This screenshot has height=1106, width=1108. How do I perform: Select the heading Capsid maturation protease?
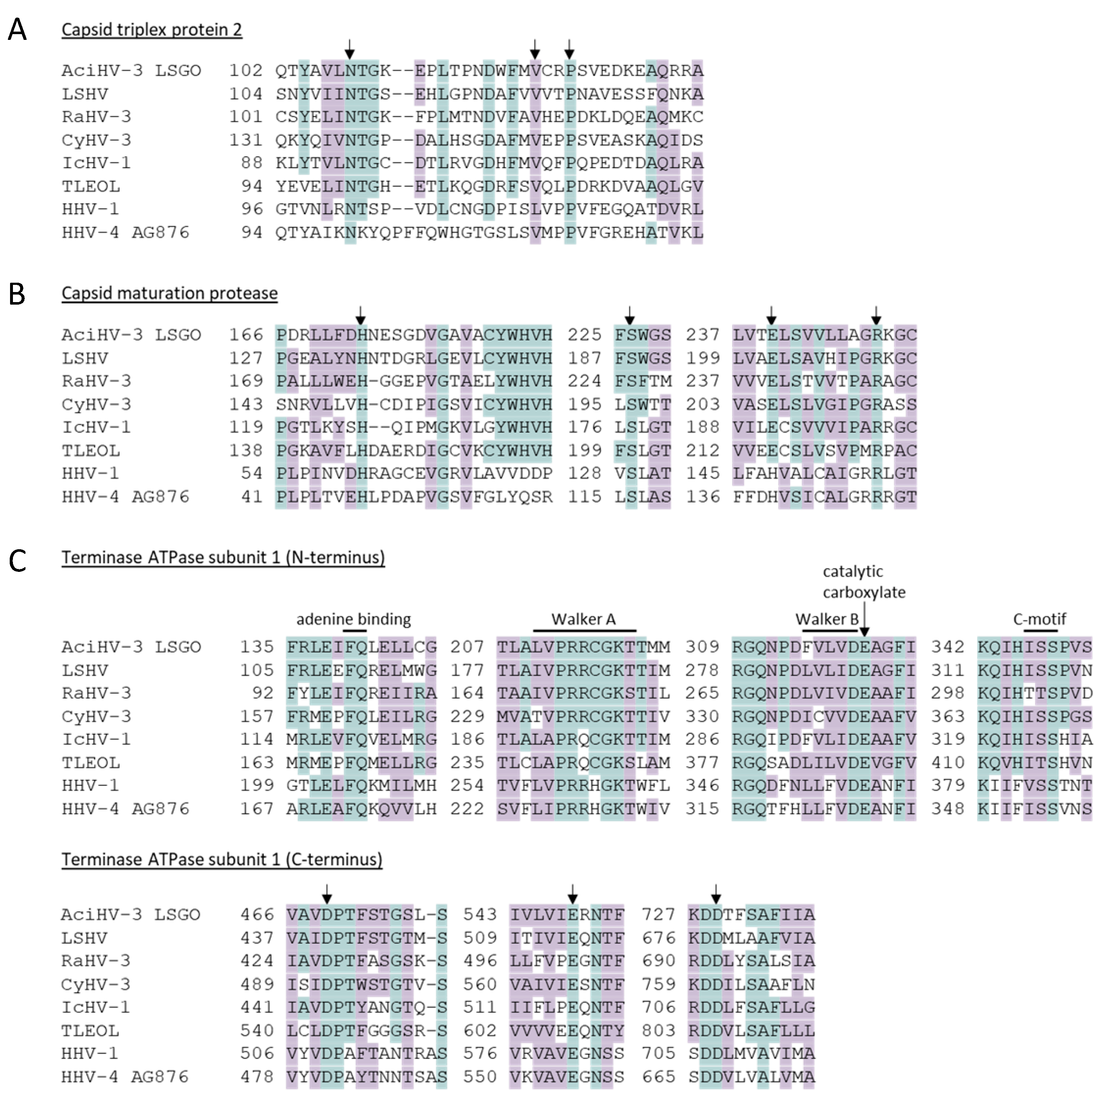coord(169,293)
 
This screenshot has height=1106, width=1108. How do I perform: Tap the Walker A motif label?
coord(583,619)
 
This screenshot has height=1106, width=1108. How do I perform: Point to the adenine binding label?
coord(353,619)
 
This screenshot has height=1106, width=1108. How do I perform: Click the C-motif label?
coord(1039,619)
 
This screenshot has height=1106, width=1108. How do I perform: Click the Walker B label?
coord(826,619)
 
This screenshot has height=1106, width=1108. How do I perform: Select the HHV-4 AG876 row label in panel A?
coord(125,233)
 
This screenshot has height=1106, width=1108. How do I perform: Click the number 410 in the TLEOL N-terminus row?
coord(947,763)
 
